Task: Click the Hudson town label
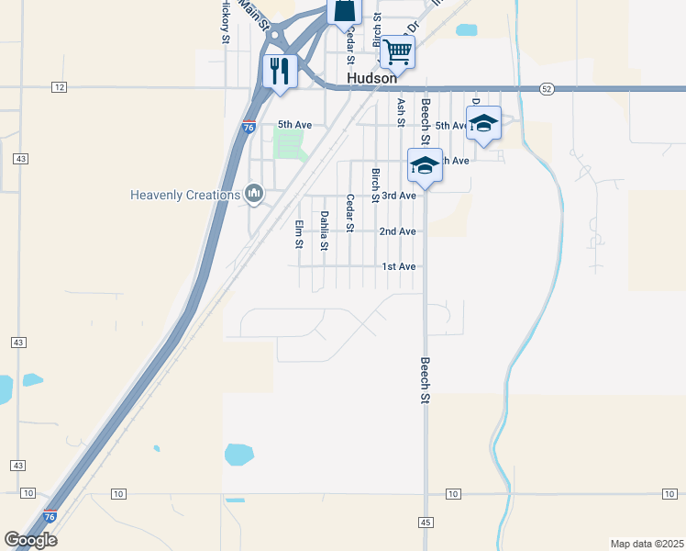click(371, 79)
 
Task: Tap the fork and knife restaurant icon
click(280, 70)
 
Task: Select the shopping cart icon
click(397, 51)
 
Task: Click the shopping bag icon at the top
click(344, 11)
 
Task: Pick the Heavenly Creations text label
click(185, 195)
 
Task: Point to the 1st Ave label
click(399, 266)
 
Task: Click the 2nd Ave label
click(398, 231)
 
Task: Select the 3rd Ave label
click(399, 196)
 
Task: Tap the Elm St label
click(299, 234)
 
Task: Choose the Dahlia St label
click(324, 231)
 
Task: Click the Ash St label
click(401, 111)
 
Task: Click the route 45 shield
click(426, 522)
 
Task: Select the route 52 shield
click(547, 88)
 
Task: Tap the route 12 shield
click(60, 87)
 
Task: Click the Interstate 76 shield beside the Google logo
click(50, 518)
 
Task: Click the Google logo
click(30, 540)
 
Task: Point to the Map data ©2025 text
click(647, 543)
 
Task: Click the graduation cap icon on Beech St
click(425, 165)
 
